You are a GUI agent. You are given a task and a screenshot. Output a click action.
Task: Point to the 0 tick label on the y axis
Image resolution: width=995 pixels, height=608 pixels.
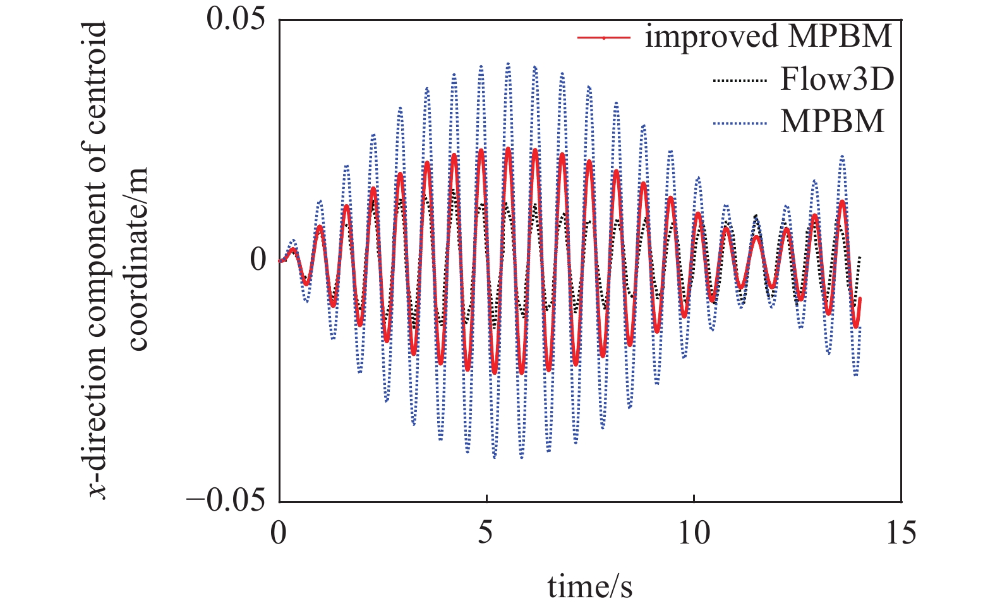258,260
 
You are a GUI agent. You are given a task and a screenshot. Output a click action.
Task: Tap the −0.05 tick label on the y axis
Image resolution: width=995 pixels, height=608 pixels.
226,501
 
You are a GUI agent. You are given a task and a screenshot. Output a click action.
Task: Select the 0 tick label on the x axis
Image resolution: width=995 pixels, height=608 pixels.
279,533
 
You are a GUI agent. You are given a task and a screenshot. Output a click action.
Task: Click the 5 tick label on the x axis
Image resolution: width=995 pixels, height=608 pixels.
485,533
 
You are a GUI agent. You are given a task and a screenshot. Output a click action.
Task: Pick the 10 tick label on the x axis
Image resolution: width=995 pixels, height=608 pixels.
694,533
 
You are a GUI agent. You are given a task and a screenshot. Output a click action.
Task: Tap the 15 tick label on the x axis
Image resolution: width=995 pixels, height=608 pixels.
900,533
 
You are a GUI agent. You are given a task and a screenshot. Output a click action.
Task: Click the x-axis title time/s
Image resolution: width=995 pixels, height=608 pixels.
589,586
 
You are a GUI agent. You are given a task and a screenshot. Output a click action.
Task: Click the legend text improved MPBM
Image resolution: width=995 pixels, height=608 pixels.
768,36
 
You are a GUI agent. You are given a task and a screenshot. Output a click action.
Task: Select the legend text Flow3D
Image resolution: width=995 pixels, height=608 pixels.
837,79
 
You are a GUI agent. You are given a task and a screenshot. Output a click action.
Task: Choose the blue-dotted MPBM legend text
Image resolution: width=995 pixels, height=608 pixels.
832,121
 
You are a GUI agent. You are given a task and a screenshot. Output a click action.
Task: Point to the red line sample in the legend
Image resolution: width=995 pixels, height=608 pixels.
604,38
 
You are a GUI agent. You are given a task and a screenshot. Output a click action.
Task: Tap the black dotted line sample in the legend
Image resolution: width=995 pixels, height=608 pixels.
740,80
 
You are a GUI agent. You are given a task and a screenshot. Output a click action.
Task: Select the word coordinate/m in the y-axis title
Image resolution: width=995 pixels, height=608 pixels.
137,259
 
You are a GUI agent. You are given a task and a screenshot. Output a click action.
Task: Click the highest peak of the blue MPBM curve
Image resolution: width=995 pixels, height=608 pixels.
508,63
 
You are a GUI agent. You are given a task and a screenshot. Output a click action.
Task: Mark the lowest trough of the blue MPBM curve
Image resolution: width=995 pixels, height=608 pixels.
495,457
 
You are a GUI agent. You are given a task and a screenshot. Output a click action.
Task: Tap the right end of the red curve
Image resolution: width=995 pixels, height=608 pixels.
860,299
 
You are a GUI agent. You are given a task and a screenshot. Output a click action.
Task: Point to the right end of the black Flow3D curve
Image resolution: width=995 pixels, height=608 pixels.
860,256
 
